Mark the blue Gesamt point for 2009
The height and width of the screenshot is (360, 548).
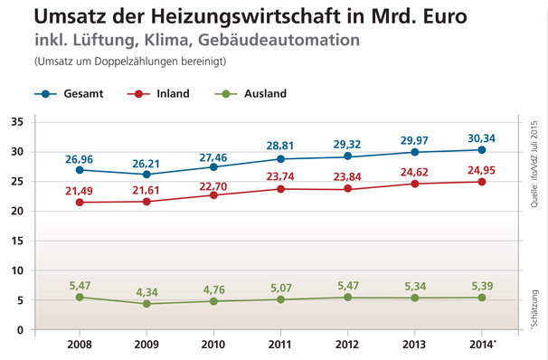(x=146, y=175)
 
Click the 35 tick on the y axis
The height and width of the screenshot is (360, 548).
(x=42, y=122)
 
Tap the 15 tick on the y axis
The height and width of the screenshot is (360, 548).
(x=42, y=241)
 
